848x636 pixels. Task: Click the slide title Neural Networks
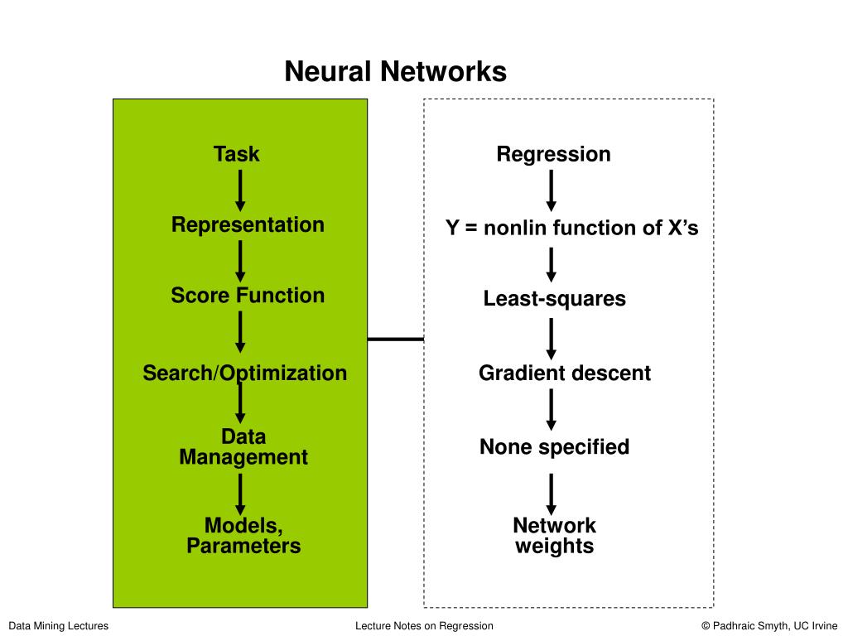coord(395,71)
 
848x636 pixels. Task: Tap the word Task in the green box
coord(236,154)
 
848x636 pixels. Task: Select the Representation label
coord(248,225)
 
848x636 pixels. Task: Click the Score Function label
coord(248,296)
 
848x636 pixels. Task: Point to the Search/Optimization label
coord(244,373)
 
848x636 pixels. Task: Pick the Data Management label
coord(243,446)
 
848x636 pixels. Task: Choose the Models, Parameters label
coord(243,536)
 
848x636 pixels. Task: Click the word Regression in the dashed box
coord(554,155)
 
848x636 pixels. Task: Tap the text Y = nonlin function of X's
coord(571,228)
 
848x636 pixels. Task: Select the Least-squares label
coord(554,298)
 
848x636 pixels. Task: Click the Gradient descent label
coord(565,373)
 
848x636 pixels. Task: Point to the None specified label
coord(554,447)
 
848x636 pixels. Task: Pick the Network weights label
coord(554,536)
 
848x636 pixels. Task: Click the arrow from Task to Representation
coord(240,190)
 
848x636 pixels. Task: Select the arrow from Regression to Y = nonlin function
coord(551,190)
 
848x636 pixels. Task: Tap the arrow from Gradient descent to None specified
coord(551,409)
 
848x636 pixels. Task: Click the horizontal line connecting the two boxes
coord(395,339)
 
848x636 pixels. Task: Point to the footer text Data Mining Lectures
coord(59,626)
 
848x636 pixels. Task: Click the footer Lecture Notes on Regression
coord(424,626)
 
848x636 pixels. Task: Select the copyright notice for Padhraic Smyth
coord(769,626)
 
